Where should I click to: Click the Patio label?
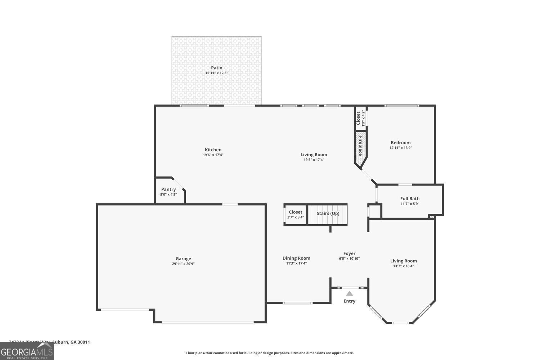(x=216, y=68)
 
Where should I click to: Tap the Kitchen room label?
(x=213, y=150)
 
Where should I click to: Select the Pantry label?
(x=168, y=189)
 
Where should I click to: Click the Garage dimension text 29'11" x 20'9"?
(x=183, y=264)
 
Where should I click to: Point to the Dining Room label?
(x=296, y=258)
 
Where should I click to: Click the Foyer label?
(x=349, y=253)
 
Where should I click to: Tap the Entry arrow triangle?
(x=349, y=293)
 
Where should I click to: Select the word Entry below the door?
(x=349, y=301)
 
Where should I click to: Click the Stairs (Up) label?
(x=328, y=213)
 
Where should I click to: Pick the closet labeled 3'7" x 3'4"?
(x=295, y=215)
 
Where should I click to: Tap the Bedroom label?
(x=400, y=143)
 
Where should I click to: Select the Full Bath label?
(x=410, y=198)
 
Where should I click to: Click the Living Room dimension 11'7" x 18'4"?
(x=403, y=266)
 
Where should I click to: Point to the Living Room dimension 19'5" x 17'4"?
(x=314, y=160)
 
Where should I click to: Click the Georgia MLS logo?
(x=27, y=351)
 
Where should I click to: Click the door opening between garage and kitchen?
(x=230, y=204)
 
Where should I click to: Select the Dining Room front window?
(x=297, y=303)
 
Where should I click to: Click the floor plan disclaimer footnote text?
(x=270, y=353)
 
